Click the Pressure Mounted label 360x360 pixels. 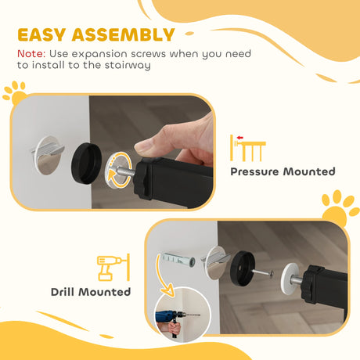[x=283, y=171]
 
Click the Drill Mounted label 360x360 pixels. [x=91, y=293]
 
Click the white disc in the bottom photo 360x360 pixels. [x=289, y=276]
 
